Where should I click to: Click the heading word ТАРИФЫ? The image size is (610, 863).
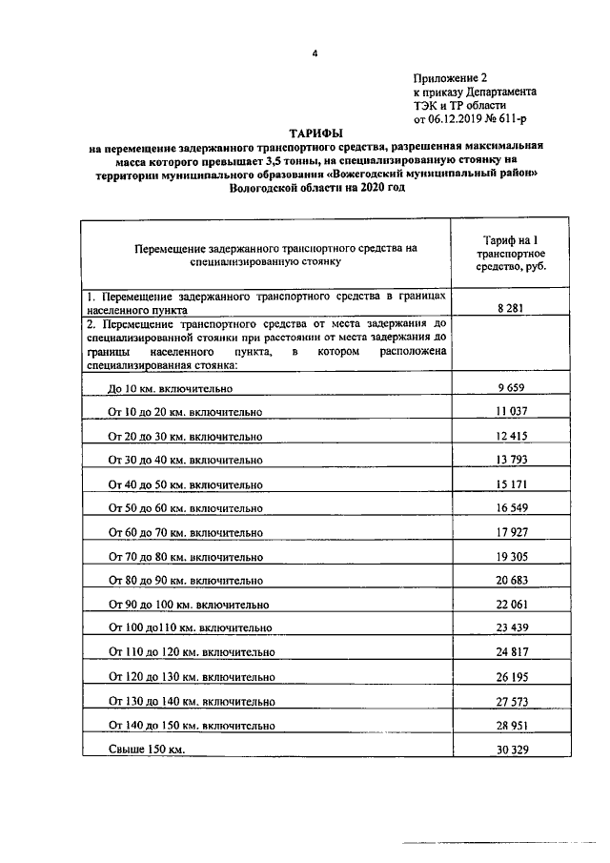(x=315, y=134)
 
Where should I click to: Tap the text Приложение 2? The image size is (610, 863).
(x=451, y=78)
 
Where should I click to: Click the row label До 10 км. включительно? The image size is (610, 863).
(x=171, y=389)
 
